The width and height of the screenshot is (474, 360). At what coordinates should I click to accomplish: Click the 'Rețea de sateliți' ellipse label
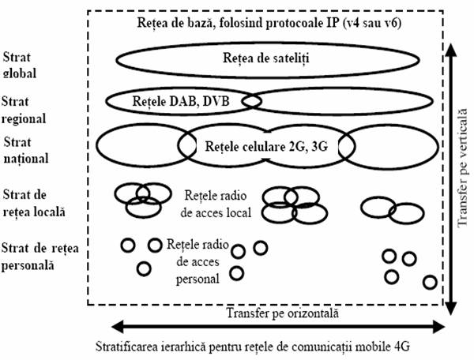pos(266,58)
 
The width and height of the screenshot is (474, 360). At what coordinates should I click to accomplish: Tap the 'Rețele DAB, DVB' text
pos(181,102)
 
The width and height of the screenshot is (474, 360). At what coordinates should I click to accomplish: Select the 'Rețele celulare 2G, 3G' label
pos(266,147)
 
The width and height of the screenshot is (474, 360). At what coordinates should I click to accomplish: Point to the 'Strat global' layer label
pos(19,65)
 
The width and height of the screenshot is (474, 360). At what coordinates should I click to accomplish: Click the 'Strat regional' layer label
pos(24,110)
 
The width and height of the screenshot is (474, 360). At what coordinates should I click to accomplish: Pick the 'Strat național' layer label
pos(26,151)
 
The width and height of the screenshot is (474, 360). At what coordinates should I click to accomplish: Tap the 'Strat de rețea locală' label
pos(34,203)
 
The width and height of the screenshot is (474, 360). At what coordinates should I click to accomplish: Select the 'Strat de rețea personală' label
pos(40,257)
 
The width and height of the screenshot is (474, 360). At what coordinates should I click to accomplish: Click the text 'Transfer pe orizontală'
pos(282,313)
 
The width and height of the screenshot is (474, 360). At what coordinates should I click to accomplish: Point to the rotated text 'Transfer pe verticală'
pos(461,168)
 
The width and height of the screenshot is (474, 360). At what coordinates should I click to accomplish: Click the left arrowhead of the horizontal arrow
pos(118,327)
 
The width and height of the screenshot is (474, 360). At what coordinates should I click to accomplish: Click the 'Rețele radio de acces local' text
pos(216,204)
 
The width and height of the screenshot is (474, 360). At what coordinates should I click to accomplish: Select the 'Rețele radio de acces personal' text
pos(197,261)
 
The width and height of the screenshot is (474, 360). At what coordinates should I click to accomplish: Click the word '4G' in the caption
pos(402,347)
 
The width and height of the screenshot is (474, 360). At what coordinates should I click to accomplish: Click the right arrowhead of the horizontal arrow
pos(439,327)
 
